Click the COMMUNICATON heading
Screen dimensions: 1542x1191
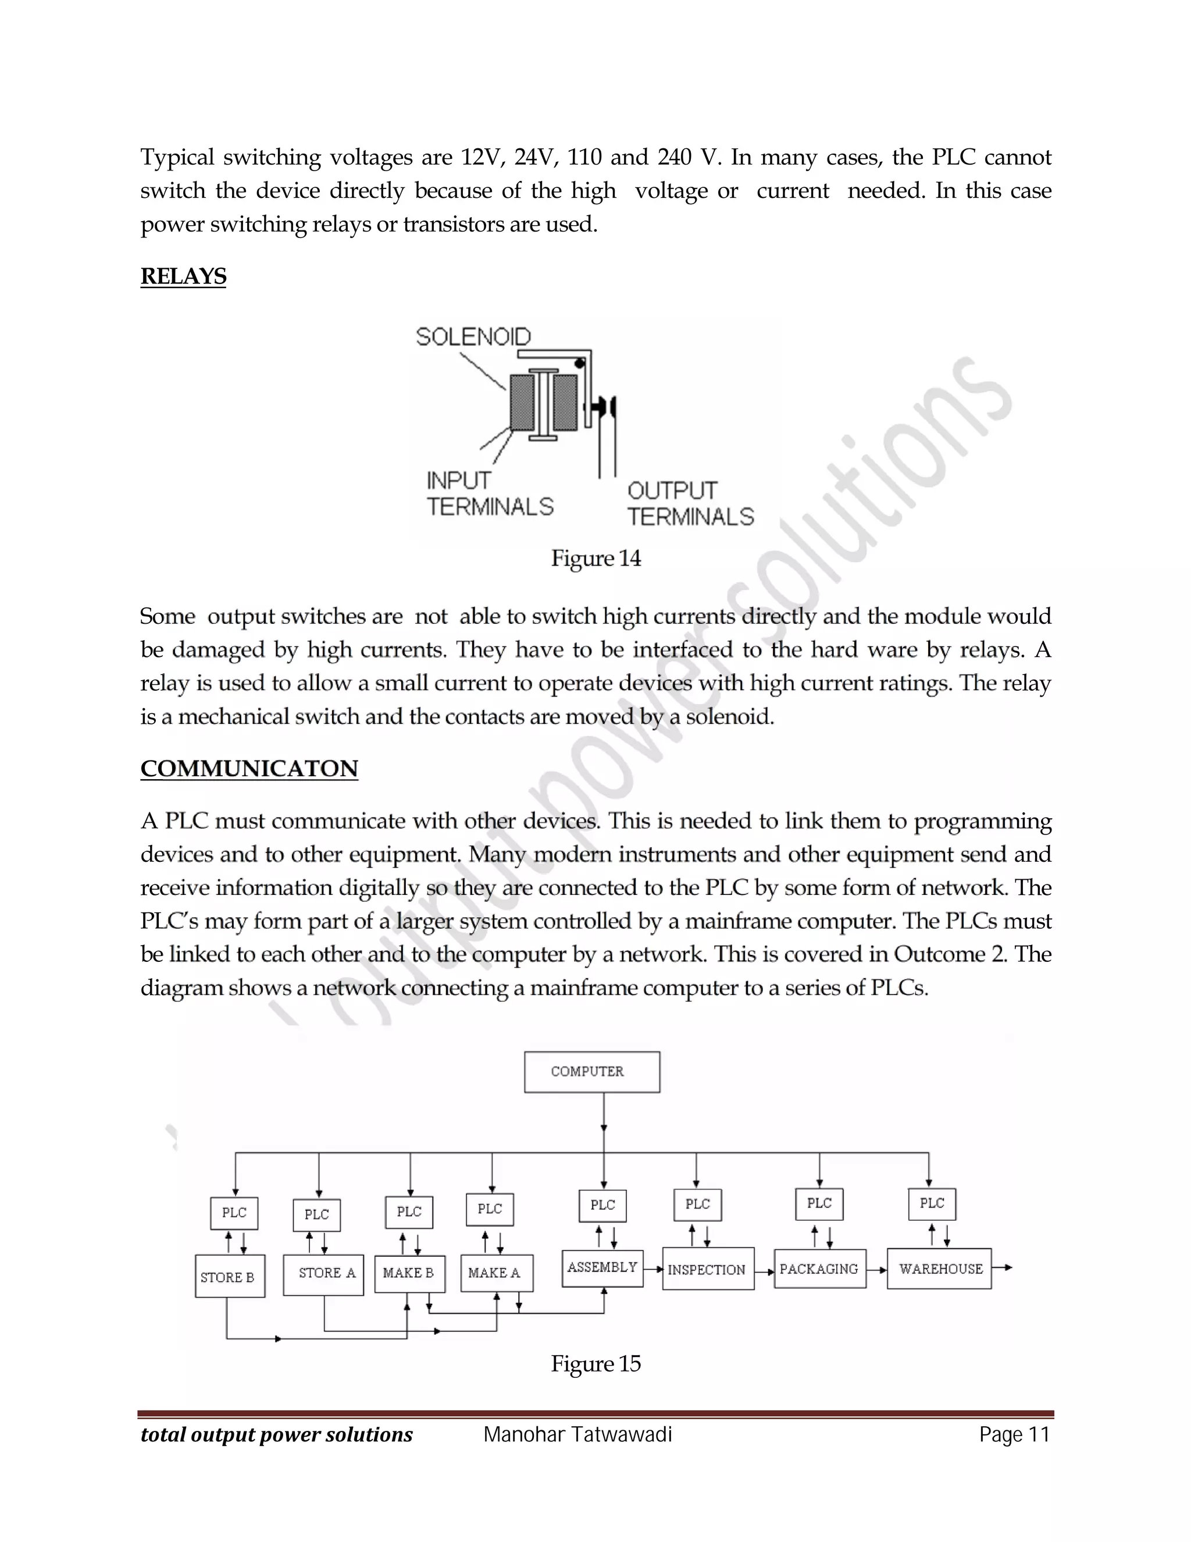click(249, 768)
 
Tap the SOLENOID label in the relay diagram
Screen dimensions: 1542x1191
click(473, 337)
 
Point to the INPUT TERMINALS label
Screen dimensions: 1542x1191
click(490, 493)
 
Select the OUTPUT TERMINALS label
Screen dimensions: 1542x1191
click(690, 503)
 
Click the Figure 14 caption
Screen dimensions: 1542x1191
click(595, 559)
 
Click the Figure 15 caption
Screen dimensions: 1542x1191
click(595, 1363)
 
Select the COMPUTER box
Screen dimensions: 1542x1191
click(592, 1072)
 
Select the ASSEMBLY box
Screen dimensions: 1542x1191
click(602, 1268)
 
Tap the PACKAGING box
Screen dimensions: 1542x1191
click(819, 1269)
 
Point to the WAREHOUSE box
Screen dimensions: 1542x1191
click(939, 1269)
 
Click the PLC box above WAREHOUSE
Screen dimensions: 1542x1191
click(932, 1204)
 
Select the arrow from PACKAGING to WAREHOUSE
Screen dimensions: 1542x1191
click(876, 1270)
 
